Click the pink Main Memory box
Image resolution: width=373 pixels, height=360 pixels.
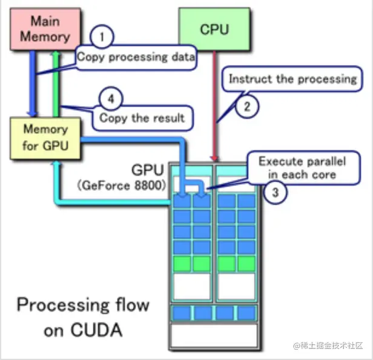click(45, 29)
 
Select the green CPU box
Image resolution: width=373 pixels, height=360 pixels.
click(214, 29)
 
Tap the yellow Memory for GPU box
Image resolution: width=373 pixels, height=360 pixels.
click(45, 138)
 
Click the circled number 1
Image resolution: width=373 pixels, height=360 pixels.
click(102, 37)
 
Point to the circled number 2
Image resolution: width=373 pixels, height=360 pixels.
click(247, 107)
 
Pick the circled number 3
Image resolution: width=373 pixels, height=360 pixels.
click(276, 192)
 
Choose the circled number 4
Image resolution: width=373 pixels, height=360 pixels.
click(111, 99)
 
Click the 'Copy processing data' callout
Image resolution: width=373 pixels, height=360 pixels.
click(136, 58)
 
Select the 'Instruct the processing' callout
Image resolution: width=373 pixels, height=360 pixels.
click(292, 79)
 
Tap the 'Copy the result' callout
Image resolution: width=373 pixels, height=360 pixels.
click(142, 118)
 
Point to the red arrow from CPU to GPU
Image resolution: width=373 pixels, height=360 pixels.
click(214, 105)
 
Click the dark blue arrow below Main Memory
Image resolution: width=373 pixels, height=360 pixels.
click(33, 84)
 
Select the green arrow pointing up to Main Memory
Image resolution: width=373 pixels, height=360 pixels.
click(56, 84)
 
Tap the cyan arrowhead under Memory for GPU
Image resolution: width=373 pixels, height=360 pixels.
click(57, 164)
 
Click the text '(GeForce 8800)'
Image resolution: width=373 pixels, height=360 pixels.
click(121, 185)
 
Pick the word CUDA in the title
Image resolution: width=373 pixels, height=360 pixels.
click(96, 330)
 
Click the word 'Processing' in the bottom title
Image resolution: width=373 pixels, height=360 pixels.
click(63, 305)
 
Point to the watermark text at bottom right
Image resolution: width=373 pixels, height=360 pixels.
click(328, 345)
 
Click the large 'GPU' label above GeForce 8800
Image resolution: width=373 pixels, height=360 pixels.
click(148, 170)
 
